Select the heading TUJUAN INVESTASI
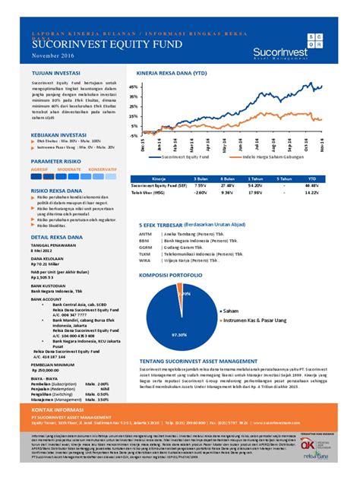coord(54,73)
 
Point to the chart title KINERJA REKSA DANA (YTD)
coord(171,74)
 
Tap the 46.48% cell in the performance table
coord(310,185)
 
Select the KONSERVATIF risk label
coord(103,168)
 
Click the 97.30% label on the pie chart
coord(179,334)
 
